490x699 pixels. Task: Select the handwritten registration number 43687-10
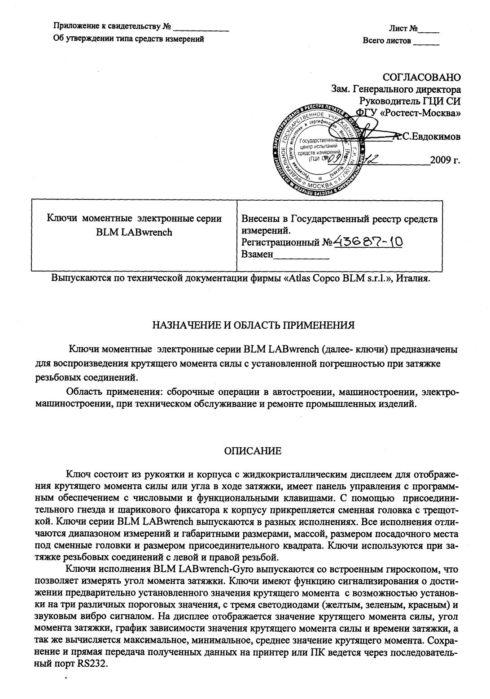pyautogui.click(x=369, y=242)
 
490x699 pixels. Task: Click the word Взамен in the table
pyautogui.click(x=257, y=255)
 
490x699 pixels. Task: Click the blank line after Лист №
pyautogui.click(x=428, y=30)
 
